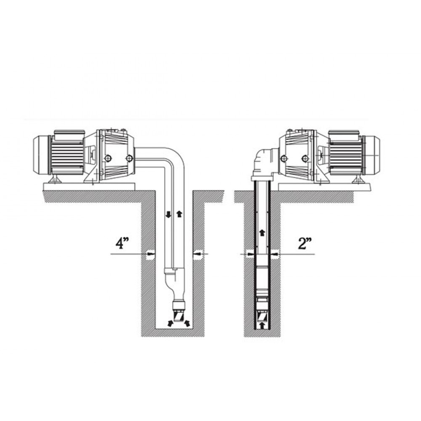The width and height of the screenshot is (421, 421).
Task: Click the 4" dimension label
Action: click(122, 243)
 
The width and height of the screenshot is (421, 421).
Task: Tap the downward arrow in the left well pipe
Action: click(168, 214)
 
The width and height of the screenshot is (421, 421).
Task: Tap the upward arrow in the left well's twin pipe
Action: click(179, 214)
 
